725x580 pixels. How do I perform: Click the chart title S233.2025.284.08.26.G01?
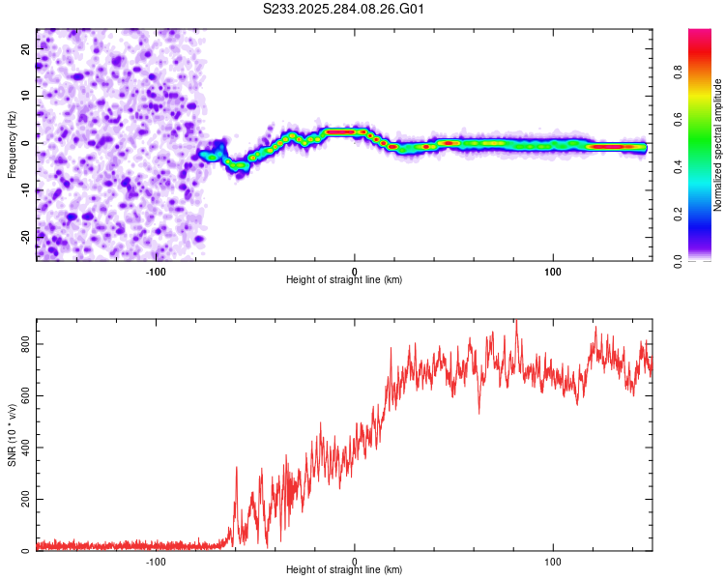pos(344,10)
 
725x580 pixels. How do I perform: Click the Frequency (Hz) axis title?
pos(12,145)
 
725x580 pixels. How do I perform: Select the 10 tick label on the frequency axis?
pos(26,95)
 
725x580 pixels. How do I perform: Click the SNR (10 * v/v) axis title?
pos(12,435)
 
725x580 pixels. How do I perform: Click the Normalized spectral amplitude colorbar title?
pos(717,145)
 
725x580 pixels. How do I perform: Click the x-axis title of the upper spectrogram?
pos(344,279)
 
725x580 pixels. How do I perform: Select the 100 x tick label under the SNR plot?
pos(553,561)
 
